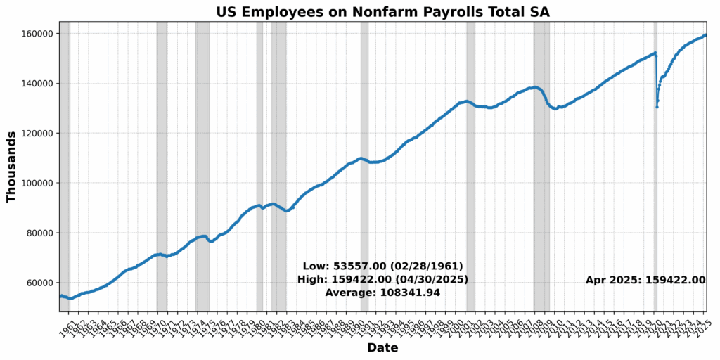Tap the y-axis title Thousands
[x=11, y=167]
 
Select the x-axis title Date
[x=382, y=348]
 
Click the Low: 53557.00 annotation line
[x=382, y=266]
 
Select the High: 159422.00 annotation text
[x=382, y=279]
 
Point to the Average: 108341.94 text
[x=382, y=292]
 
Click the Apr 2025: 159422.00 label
[x=645, y=280]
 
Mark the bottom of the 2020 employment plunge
[x=657, y=107]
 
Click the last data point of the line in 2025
[x=706, y=35]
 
